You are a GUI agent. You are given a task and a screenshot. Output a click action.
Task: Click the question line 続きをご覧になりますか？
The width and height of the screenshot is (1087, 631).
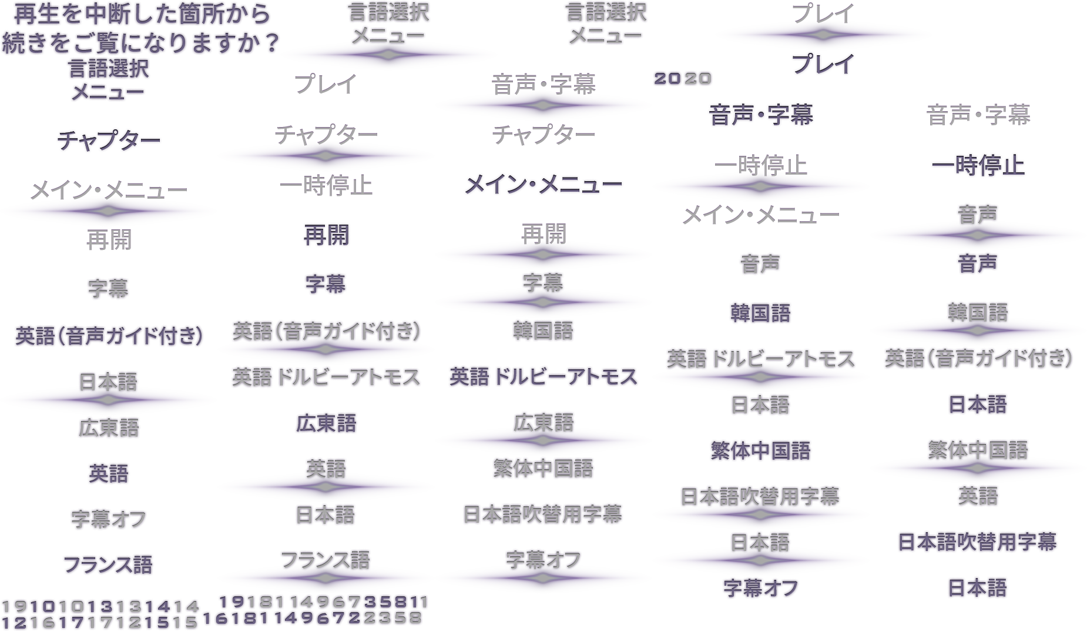140,42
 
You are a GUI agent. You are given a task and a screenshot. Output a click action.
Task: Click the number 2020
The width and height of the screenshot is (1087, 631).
683,79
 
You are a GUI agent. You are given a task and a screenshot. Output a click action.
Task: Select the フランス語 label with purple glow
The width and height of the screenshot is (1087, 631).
326,560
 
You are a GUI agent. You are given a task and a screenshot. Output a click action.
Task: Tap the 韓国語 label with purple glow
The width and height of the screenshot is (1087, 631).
978,313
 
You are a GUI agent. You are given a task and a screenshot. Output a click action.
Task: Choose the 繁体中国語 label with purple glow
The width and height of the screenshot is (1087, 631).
978,451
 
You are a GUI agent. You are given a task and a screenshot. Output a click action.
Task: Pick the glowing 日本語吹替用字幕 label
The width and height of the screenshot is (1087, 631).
760,498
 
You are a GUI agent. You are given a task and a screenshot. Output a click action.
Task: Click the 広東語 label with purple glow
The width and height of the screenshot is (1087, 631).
543,423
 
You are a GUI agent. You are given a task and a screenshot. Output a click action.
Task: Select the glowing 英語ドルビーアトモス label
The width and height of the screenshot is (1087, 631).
760,359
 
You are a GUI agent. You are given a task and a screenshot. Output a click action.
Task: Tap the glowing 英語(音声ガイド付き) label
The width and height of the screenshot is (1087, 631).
326,332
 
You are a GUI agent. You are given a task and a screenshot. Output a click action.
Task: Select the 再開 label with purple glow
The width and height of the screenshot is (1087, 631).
543,235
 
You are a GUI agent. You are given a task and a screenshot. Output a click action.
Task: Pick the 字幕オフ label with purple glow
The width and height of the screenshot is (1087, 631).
543,560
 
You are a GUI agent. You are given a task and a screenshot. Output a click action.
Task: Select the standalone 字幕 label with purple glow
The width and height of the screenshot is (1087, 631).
543,283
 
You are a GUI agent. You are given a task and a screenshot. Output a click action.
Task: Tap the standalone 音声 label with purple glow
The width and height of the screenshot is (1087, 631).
978,215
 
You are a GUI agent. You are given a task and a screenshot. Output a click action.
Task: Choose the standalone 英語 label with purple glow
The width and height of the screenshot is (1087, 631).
326,469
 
